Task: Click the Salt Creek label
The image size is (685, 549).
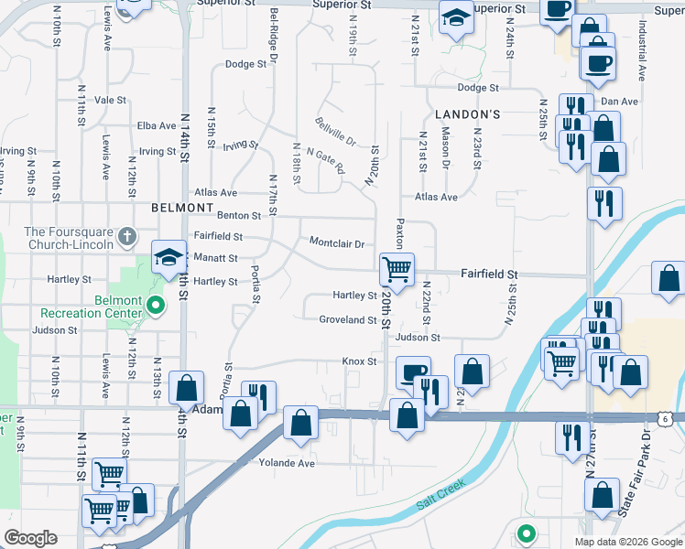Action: (441, 491)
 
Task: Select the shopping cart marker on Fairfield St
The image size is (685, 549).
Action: (397, 268)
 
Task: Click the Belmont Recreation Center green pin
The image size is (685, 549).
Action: (156, 306)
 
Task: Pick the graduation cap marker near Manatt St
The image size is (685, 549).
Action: (168, 259)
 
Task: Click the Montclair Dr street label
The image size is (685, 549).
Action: (337, 244)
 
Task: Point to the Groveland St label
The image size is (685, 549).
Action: (348, 320)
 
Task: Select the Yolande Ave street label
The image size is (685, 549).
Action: (287, 463)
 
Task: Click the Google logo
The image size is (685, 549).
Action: (30, 538)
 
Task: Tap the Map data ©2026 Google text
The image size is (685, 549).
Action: (628, 542)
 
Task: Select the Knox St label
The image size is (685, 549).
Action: (360, 361)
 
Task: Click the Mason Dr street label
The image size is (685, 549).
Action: (446, 146)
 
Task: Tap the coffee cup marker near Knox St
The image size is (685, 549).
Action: (413, 371)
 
